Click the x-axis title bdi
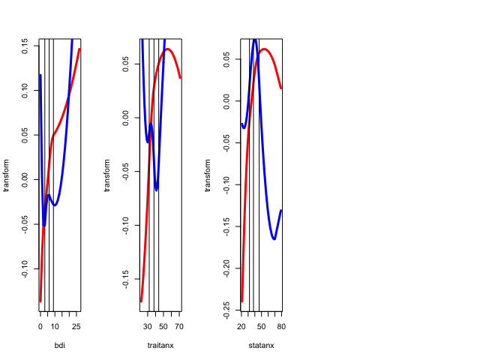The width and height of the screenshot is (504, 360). pyautogui.click(x=60, y=346)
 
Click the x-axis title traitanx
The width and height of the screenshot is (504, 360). pyautogui.click(x=160, y=346)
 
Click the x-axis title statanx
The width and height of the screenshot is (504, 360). pyautogui.click(x=261, y=346)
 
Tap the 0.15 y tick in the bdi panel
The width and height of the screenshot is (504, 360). pyautogui.click(x=24, y=46)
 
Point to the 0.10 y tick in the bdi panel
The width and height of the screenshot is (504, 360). pyautogui.click(x=24, y=91)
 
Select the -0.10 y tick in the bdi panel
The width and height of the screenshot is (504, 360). pyautogui.click(x=24, y=271)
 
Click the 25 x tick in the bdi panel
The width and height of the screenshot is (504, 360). pyautogui.click(x=76, y=327)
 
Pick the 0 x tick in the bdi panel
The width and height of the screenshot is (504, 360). pyautogui.click(x=40, y=327)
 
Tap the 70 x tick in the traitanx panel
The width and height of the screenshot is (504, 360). pyautogui.click(x=178, y=327)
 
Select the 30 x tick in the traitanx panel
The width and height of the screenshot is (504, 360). pyautogui.click(x=148, y=327)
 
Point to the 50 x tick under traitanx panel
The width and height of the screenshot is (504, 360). pyautogui.click(x=163, y=327)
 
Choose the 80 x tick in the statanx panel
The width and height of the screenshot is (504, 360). pyautogui.click(x=281, y=327)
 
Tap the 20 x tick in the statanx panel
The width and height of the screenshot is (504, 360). pyautogui.click(x=241, y=327)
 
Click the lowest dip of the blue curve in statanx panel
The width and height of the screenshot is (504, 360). pyautogui.click(x=274, y=239)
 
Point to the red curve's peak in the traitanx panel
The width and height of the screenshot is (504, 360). pyautogui.click(x=168, y=49)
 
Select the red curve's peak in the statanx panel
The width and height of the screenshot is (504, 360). pyautogui.click(x=264, y=49)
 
